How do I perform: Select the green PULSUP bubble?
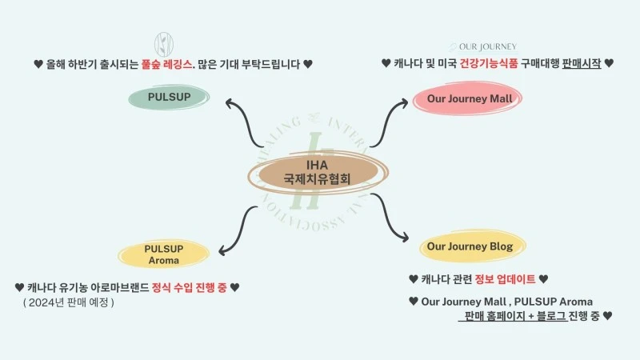tap(169, 98)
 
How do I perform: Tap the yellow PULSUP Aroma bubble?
tap(164, 254)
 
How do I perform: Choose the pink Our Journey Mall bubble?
tap(468, 99)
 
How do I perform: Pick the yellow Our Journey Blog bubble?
tap(470, 246)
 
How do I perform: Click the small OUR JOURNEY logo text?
tap(486, 46)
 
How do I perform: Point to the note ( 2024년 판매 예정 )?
tap(69, 302)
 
